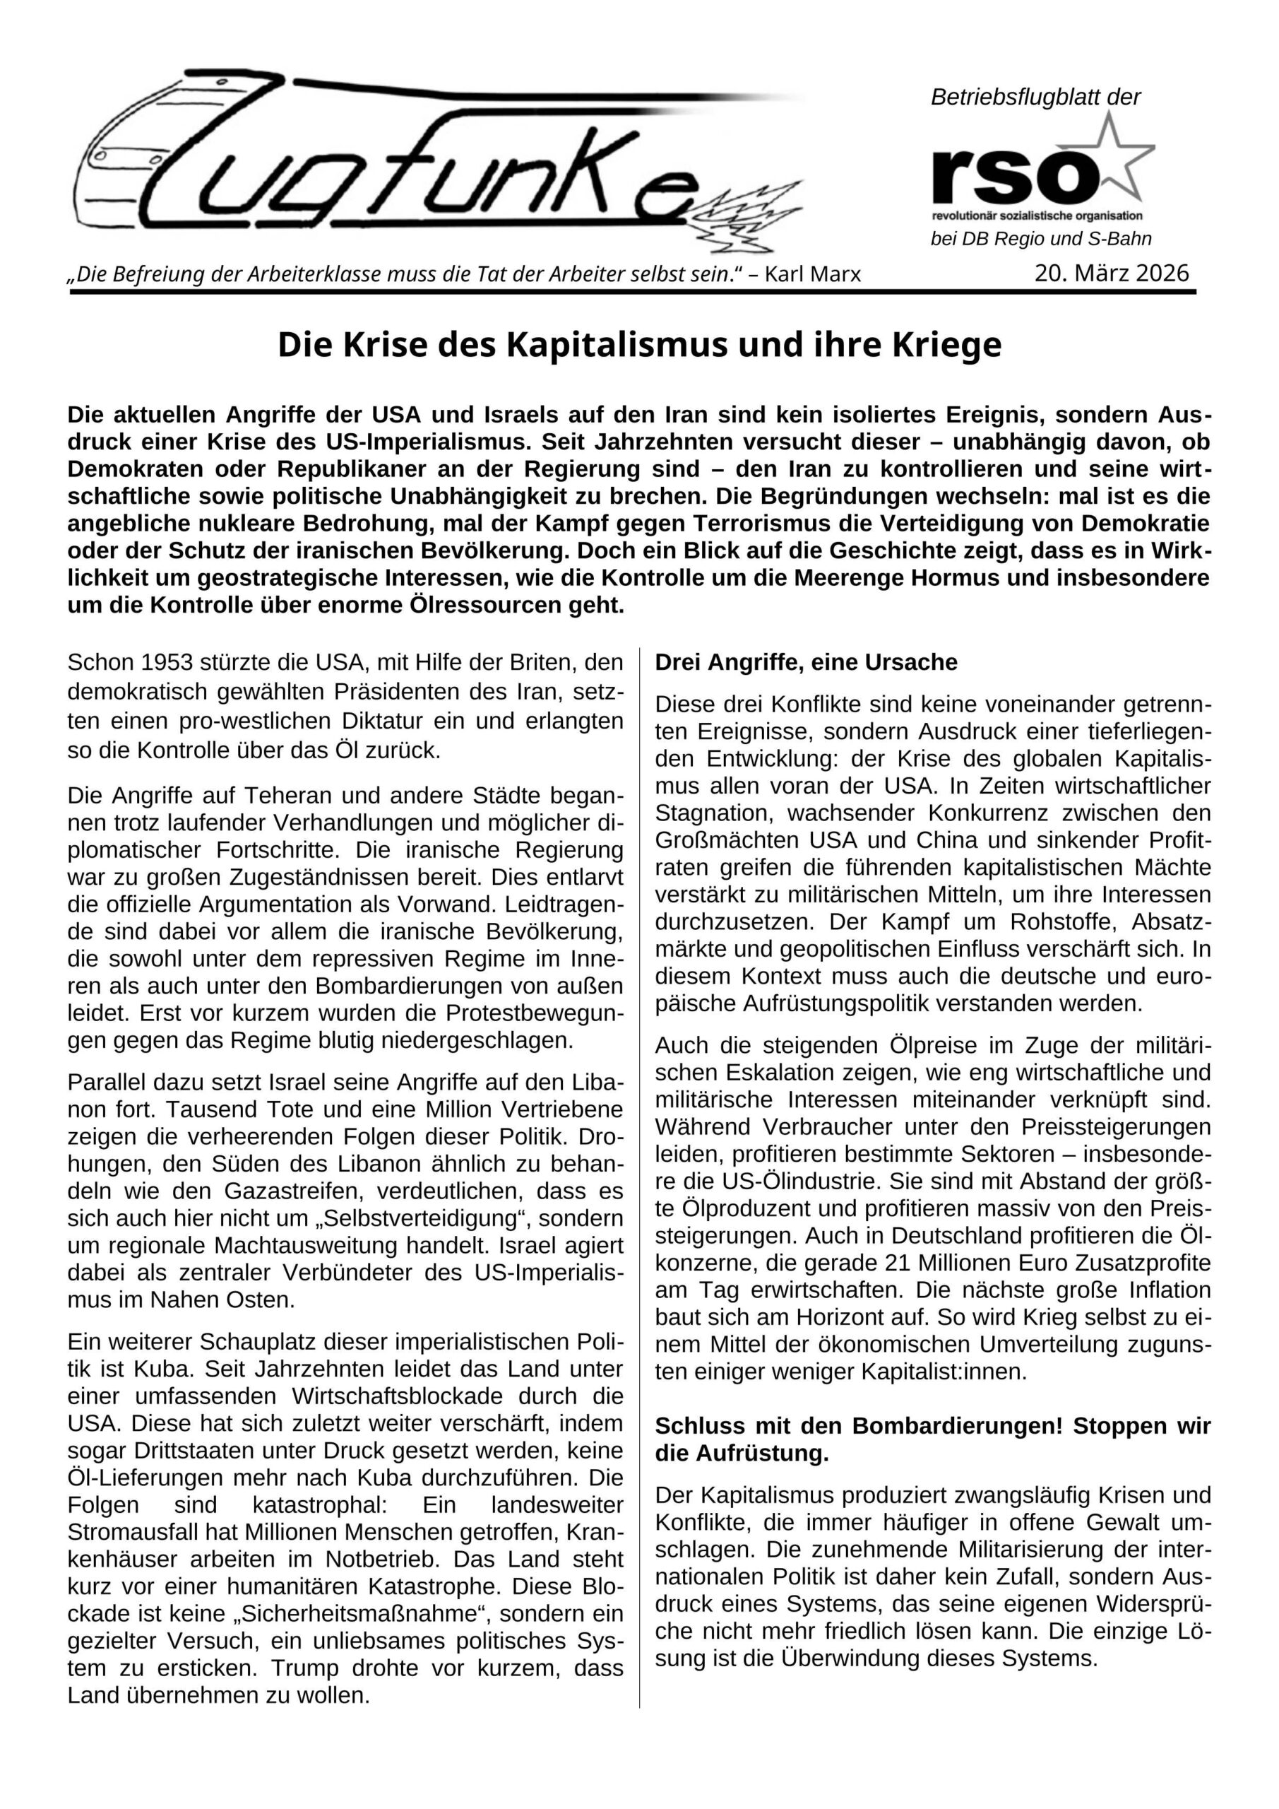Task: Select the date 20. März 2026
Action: click(x=1111, y=273)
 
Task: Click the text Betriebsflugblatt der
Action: click(x=1035, y=98)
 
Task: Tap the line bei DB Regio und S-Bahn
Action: click(x=1040, y=239)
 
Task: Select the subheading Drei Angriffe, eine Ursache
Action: click(x=806, y=663)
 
